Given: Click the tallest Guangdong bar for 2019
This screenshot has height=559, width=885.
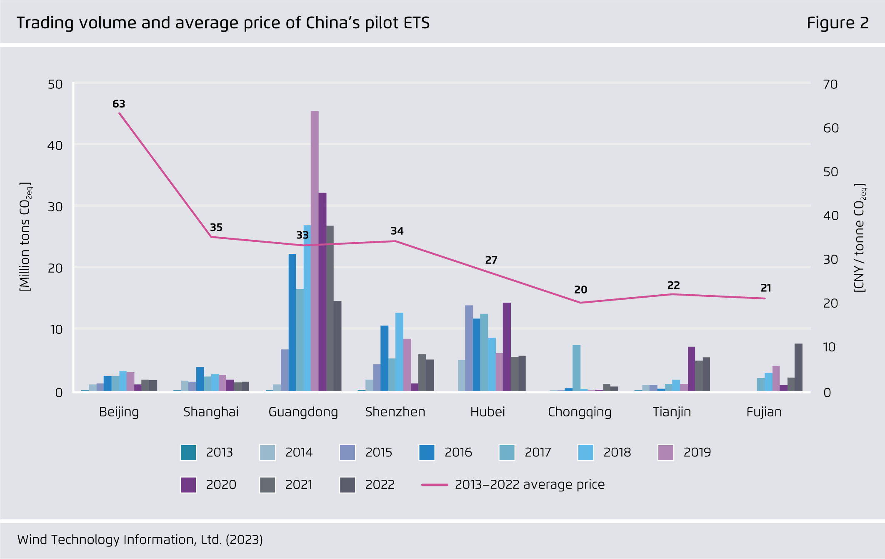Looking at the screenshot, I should tap(315, 250).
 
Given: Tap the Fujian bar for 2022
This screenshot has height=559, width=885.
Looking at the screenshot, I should tap(798, 367).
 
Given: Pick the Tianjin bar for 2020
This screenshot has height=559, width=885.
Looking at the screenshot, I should tap(691, 368).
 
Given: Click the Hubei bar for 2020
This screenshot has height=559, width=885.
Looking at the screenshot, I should tap(507, 346).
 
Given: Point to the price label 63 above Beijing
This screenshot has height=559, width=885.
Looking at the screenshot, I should tap(119, 104).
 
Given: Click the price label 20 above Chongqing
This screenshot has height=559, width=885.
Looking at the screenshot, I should tap(580, 290).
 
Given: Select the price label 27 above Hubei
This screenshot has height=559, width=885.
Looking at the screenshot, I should tap(491, 260).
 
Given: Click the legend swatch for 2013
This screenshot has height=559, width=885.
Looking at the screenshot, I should tap(188, 453).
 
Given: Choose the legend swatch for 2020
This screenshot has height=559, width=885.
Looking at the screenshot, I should tap(188, 485).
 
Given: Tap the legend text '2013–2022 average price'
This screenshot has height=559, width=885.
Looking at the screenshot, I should tap(530, 485).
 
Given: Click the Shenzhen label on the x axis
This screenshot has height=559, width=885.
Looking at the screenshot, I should tap(395, 412).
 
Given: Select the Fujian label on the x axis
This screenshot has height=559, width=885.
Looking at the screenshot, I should tap(764, 412).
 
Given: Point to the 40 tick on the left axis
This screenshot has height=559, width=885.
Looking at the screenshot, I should tap(55, 145).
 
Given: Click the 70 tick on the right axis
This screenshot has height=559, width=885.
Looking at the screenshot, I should tap(830, 84).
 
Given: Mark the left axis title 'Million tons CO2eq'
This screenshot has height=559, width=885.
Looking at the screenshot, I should tap(25, 236).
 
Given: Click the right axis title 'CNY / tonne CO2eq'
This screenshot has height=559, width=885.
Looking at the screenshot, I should tap(860, 238).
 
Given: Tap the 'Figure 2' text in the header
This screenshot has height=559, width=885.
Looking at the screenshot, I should tap(837, 23).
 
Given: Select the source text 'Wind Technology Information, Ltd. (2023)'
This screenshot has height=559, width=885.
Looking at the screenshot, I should tap(140, 539).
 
